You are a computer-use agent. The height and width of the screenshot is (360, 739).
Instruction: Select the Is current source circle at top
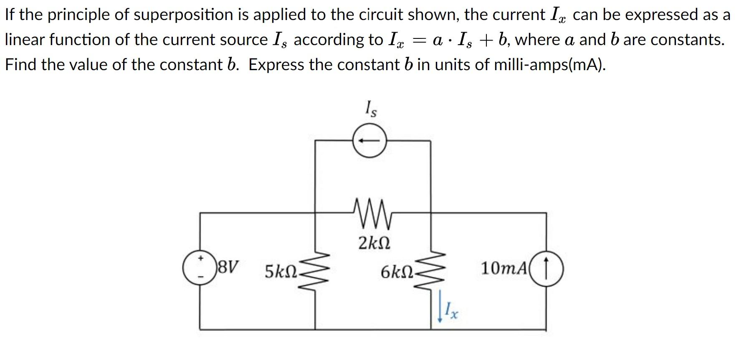[x=369, y=141]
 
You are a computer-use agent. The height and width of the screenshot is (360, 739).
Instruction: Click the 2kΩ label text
[x=374, y=243]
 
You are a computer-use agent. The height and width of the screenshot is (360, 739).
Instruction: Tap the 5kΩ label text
[x=281, y=272]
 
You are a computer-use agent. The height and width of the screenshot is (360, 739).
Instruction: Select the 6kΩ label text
[x=397, y=272]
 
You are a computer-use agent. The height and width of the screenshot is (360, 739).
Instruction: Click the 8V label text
[x=229, y=266]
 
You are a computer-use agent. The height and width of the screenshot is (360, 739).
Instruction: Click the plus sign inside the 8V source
[x=200, y=259]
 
